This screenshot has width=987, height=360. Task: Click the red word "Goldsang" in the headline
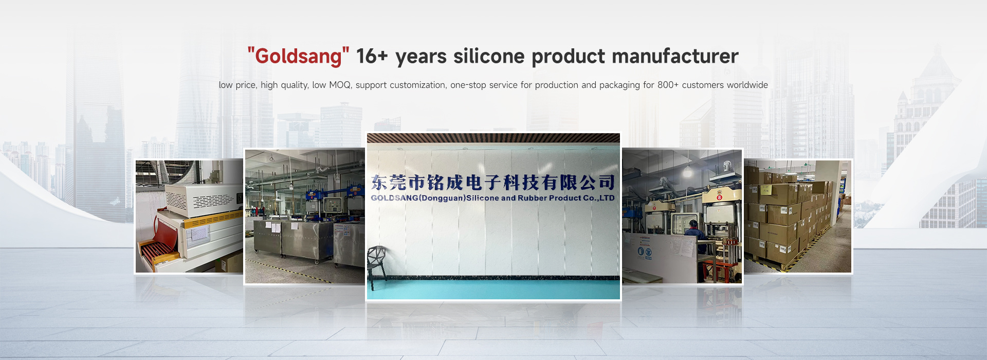coord(298,57)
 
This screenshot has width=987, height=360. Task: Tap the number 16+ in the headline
coord(372,56)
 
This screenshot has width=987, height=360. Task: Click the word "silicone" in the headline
coord(489,56)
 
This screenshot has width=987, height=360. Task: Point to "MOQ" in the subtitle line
coord(340,85)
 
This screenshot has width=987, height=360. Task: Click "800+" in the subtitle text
coord(668,85)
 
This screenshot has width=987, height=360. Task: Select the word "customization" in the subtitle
coord(417,85)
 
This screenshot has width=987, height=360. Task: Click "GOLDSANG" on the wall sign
coord(395,198)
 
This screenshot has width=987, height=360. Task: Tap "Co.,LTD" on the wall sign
coord(599,197)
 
